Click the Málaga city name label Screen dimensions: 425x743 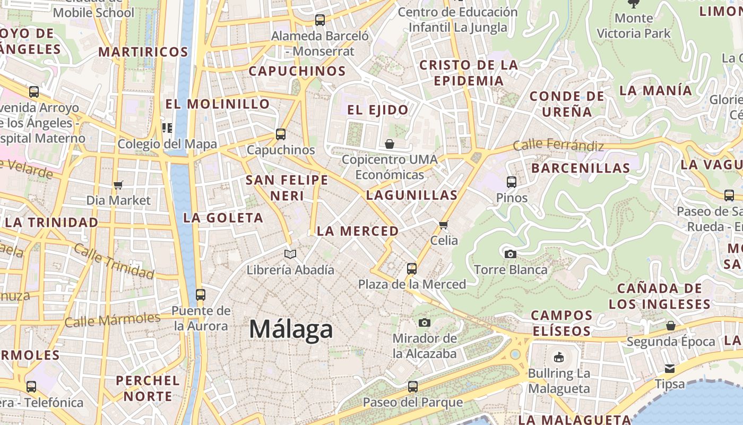pos(291,329)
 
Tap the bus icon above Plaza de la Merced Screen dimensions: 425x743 pos(412,269)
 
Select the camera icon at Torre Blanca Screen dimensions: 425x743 pos(511,254)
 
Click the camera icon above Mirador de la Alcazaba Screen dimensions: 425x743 pos(424,322)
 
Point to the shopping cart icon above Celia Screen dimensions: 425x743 pos(444,225)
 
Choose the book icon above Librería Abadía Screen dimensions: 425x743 pos(290,254)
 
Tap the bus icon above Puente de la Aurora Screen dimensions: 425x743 pos(200,294)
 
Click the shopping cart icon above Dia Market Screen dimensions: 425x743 pos(118,185)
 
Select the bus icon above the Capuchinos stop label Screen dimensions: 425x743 pos(281,134)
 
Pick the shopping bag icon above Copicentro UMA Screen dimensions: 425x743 pos(390,143)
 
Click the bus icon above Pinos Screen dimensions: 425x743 pos(512,182)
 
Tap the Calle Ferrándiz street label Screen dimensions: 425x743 pos(558,145)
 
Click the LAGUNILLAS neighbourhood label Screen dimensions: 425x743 pos(412,195)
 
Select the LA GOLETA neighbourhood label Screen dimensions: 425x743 pos(223,217)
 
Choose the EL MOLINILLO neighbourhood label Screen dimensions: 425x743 pos(218,104)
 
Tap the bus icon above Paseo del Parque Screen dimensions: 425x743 pos(412,387)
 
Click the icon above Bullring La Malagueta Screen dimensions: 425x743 pos(558,358)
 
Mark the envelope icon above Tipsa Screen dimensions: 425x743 pos(670,368)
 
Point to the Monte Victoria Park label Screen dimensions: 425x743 pos(634,25)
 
